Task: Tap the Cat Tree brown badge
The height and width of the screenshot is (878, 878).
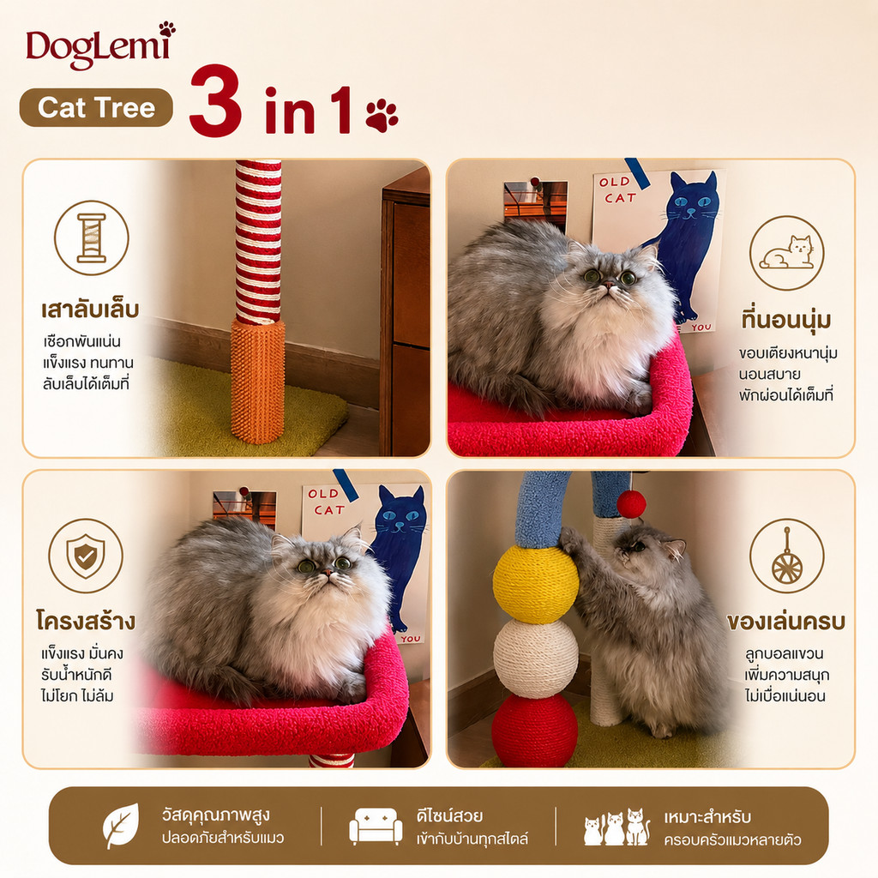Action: click(96, 107)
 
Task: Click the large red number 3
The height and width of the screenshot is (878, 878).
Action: click(215, 101)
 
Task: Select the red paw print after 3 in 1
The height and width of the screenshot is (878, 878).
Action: click(382, 116)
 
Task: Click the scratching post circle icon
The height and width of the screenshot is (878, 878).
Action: click(91, 238)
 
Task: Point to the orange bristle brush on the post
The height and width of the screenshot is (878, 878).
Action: click(257, 382)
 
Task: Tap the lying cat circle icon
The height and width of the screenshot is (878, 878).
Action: click(787, 253)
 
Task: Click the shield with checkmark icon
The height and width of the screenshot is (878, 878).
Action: click(86, 556)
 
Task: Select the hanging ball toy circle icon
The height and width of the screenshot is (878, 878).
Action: click(787, 556)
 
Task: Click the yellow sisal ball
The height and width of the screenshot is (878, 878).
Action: click(535, 584)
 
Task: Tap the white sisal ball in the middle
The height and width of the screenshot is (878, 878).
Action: click(535, 658)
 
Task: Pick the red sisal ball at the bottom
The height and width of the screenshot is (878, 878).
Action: click(535, 731)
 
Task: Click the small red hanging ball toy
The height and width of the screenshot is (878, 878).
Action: click(631, 503)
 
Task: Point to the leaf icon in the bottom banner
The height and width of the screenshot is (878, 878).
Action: click(120, 826)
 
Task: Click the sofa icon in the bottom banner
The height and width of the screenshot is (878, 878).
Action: click(376, 826)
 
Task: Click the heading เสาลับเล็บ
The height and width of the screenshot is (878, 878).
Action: click(90, 310)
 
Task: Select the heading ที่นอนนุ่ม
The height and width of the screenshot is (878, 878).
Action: click(786, 320)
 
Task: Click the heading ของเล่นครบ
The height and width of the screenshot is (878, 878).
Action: click(786, 622)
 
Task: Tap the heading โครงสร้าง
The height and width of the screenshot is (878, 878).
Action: click(87, 621)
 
